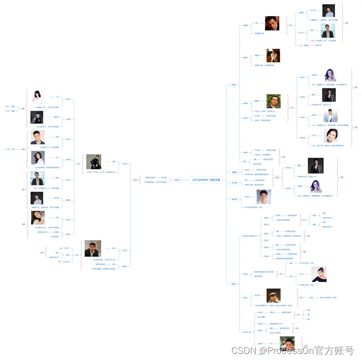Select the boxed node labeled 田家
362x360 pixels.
tap(234, 84)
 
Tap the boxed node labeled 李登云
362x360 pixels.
tap(234, 172)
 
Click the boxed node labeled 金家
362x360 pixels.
tap(233, 284)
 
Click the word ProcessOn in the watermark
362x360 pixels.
tap(285, 350)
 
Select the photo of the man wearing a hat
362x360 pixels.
tap(274, 296)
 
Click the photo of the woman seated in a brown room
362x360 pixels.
tap(273, 55)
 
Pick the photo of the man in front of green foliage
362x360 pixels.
tap(273, 101)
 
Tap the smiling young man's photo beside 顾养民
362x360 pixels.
tap(264, 197)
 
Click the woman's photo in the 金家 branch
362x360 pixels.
tap(319, 274)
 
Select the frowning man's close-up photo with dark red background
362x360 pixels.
tap(272, 23)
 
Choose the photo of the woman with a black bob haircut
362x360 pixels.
tap(38, 96)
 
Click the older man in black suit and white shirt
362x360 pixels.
tap(93, 248)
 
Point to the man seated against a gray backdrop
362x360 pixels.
tap(94, 161)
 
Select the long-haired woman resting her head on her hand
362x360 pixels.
tap(38, 218)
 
